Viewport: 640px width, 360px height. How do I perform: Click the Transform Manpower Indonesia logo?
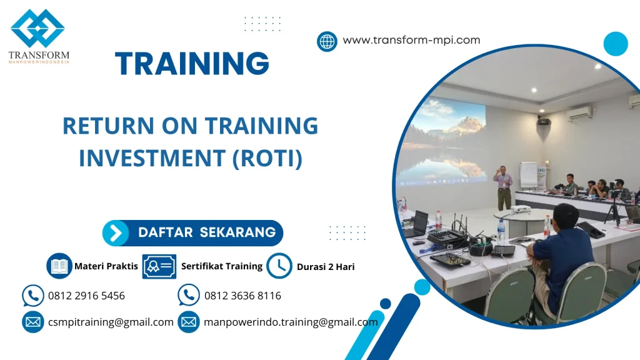[38, 36]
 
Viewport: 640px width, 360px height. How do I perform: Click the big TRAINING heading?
[192, 64]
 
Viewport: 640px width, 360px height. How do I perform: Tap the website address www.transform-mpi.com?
[411, 40]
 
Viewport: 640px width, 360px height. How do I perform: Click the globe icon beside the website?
[327, 41]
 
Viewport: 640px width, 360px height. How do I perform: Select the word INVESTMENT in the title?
[152, 158]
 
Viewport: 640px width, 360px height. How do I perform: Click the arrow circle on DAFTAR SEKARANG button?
[116, 233]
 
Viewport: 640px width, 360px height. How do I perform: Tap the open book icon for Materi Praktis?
[59, 266]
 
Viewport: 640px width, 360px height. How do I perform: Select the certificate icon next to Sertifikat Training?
[159, 266]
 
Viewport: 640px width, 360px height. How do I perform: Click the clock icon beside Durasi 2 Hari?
[279, 266]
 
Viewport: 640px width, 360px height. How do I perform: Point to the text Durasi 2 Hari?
[326, 267]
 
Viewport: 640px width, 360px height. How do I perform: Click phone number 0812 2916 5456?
[86, 296]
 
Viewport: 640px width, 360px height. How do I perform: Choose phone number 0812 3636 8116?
[242, 296]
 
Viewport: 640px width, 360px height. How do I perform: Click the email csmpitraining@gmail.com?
[111, 322]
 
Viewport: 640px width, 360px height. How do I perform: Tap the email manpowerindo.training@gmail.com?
[291, 322]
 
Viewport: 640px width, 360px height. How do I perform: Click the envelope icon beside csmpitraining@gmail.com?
[32, 322]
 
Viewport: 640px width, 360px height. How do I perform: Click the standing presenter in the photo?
[502, 186]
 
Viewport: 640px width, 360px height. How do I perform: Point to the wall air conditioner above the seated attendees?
[579, 113]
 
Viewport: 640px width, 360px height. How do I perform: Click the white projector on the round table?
[520, 209]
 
